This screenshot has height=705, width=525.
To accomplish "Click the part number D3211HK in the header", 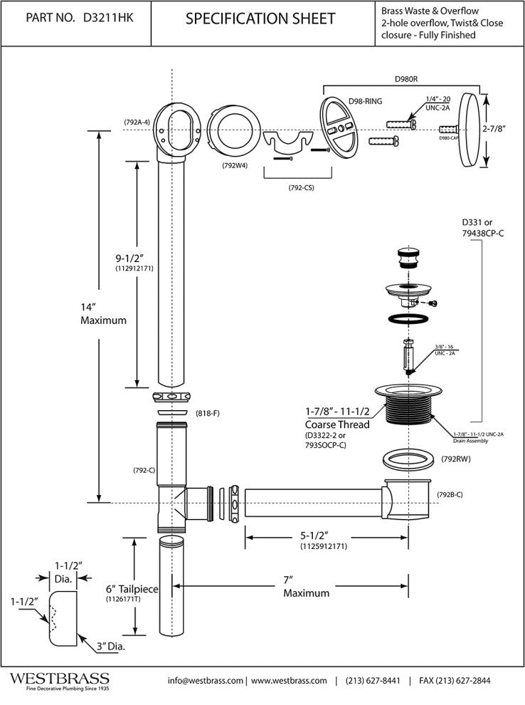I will point(111,19).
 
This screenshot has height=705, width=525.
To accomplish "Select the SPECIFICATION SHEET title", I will point(260,19).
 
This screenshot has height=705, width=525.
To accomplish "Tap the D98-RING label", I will point(365,101).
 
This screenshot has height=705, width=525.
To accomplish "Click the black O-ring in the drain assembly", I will point(409,319).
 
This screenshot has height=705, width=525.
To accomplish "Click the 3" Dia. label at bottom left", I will point(110,646).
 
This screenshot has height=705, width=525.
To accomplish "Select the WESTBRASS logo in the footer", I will point(59,678).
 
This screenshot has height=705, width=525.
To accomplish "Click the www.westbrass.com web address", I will point(289,681).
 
